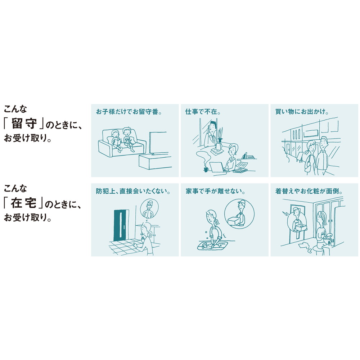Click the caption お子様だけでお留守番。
129,112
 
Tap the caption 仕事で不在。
203,112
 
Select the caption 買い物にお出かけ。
302,112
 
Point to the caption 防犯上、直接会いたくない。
133,191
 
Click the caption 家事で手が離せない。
215,191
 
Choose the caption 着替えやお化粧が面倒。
309,191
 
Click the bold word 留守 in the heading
24,124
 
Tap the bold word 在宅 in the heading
23,203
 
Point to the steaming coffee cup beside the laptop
206,170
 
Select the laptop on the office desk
216,167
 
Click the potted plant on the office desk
220,139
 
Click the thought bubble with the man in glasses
149,208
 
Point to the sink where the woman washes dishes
213,246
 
